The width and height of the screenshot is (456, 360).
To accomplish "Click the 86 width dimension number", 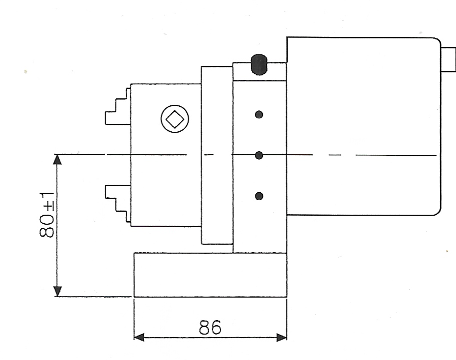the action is point(210,327).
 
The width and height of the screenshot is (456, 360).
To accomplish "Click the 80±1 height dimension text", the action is point(46,215).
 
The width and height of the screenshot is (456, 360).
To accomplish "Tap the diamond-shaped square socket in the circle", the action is point(175,119).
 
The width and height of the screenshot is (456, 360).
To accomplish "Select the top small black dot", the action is point(259,115).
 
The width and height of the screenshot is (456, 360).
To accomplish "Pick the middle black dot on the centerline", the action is point(259,155).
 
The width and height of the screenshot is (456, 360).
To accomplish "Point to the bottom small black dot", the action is point(259,196).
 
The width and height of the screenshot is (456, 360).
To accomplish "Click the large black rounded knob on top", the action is point(258,64).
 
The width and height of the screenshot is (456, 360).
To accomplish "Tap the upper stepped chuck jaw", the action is point(118,106).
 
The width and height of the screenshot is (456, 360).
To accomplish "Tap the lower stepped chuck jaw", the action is point(118,204).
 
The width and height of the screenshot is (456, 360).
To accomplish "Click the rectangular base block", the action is point(210,275).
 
